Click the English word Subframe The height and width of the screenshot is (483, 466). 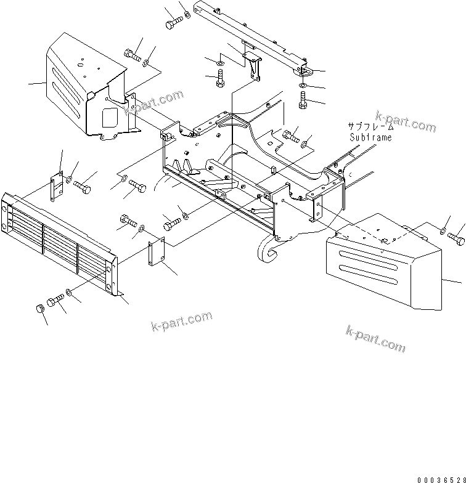370,137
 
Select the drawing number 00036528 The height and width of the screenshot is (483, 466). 439,479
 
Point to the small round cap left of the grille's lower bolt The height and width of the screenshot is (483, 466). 39,308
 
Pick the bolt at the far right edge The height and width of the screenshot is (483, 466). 457,238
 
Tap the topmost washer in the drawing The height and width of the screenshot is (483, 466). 187,13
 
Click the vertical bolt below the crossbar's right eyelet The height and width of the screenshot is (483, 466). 303,100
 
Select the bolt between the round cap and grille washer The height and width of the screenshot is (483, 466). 55,301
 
